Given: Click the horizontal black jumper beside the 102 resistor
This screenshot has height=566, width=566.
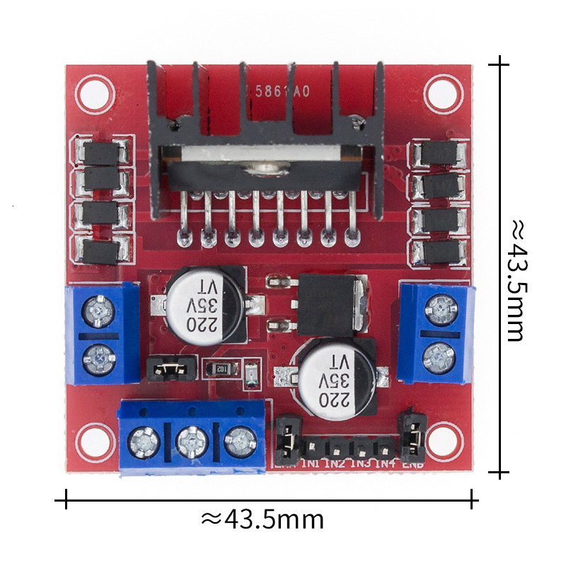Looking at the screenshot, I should pyautogui.click(x=170, y=368).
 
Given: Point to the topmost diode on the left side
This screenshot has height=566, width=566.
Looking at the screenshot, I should pyautogui.click(x=100, y=151).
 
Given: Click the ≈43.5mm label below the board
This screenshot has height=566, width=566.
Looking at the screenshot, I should pyautogui.click(x=263, y=520).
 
